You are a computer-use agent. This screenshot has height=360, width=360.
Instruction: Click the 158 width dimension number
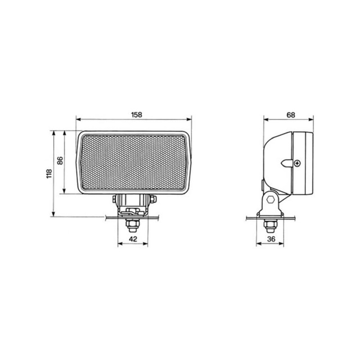(137, 115)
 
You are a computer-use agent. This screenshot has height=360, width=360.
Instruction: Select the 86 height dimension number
(60, 161)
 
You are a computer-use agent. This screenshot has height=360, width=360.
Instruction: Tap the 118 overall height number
(49, 174)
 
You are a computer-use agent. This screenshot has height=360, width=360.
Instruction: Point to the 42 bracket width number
(133, 239)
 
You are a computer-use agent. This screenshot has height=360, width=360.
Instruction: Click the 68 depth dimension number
(291, 115)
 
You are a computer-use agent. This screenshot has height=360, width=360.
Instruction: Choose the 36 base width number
(271, 239)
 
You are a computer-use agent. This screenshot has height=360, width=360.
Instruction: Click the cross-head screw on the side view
(298, 163)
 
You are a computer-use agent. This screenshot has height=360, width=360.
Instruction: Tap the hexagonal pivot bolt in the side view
(271, 199)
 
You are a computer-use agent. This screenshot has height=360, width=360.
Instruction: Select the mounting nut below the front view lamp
(133, 225)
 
